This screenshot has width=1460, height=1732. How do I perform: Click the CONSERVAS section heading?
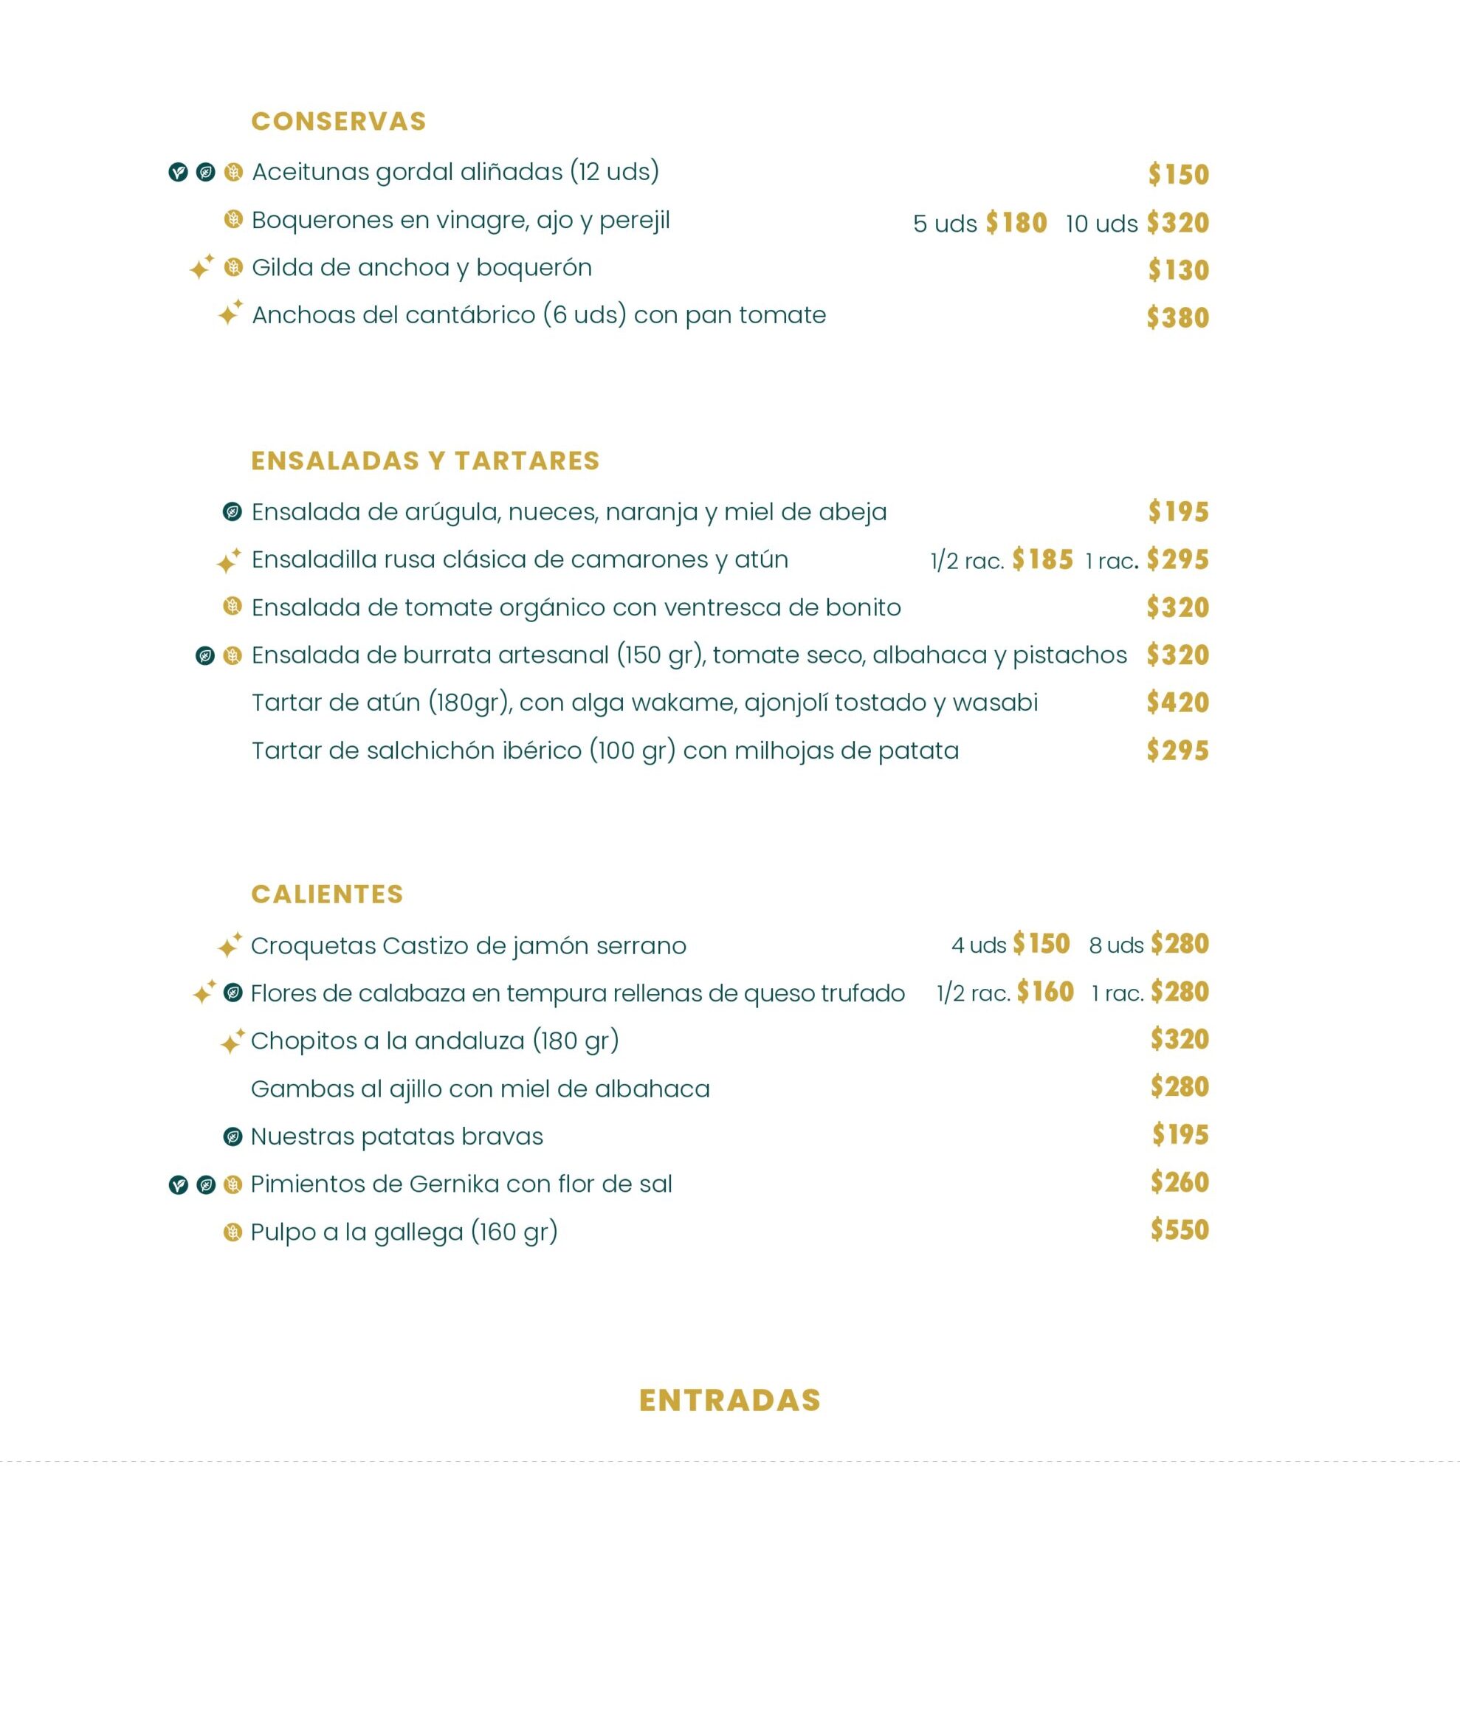339,122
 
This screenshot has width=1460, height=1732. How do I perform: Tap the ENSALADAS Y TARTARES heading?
424,461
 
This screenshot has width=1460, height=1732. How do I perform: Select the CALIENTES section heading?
327,894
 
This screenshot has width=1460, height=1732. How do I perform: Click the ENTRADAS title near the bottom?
729,1400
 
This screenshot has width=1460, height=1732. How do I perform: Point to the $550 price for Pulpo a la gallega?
1180,1229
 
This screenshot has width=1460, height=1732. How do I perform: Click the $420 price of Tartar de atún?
1178,703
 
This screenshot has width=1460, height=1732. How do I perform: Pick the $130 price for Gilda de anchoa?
1179,270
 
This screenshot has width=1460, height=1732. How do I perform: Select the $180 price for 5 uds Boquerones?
1016,223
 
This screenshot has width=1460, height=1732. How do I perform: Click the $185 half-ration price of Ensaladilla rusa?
1042,559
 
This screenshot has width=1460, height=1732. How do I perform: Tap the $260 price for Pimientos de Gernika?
1180,1182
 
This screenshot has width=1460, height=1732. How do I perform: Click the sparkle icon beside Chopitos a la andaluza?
232,1041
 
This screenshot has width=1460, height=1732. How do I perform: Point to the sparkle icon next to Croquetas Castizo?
230,945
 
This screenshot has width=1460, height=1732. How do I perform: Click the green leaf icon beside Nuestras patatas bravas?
233,1136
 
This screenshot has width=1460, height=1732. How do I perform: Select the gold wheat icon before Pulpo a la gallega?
233,1232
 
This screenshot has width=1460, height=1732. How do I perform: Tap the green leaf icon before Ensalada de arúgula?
233,511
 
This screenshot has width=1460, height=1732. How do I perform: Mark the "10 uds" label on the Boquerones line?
1101,224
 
